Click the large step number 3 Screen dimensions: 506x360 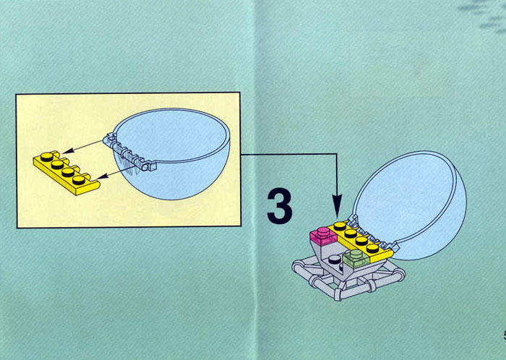tap(280, 206)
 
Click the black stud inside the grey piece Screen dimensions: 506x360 tap(334, 259)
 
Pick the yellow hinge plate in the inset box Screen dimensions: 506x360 tap(67, 173)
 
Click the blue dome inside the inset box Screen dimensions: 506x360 tap(172, 153)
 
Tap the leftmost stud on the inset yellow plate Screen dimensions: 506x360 tap(47, 157)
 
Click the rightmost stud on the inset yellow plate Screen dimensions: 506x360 tap(79, 180)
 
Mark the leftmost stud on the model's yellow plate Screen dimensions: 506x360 tap(340, 226)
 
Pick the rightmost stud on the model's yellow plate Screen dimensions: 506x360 tap(373, 248)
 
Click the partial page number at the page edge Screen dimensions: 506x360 tap(504, 335)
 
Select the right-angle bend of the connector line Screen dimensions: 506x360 tap(337, 155)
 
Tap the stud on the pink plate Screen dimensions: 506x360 tap(322, 231)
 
